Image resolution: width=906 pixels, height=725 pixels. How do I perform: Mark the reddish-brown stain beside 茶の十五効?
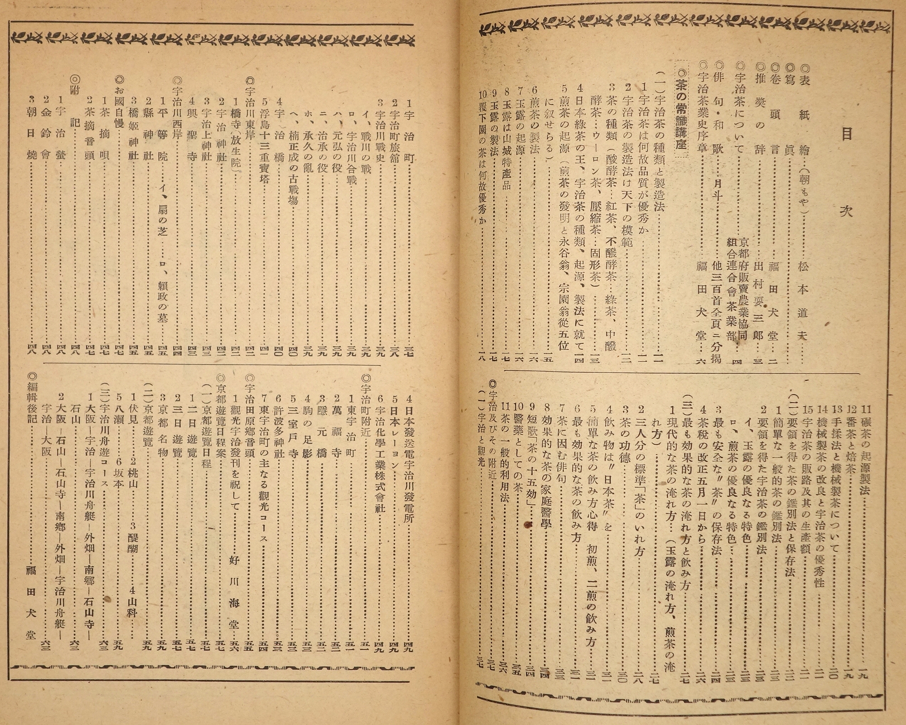[x=527, y=524]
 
